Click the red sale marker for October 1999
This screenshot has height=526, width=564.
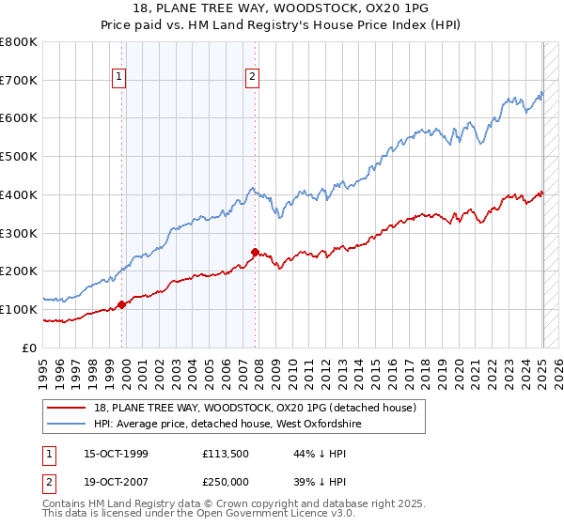[122, 304]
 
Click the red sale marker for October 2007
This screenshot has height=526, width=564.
[255, 252]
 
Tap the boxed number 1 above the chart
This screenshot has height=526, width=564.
[120, 78]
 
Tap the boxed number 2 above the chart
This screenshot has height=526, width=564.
[253, 78]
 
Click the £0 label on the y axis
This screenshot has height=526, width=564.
[30, 348]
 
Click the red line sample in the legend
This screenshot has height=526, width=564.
[66, 408]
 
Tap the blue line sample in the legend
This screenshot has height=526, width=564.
[66, 424]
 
